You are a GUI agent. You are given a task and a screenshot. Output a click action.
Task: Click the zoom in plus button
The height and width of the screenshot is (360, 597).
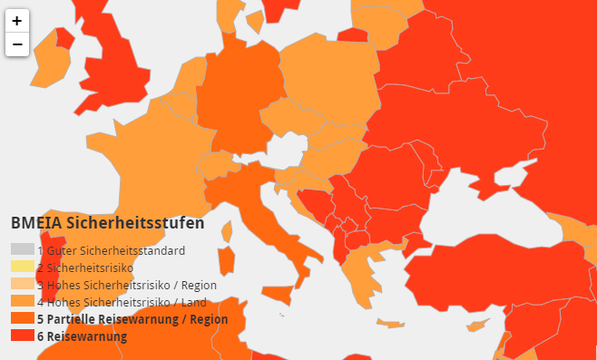[x=17, y=21]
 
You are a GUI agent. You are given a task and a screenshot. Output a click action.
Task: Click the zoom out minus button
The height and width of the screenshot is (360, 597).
[x=17, y=44]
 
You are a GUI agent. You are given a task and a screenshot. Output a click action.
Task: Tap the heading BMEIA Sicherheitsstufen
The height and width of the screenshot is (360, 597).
[x=107, y=222]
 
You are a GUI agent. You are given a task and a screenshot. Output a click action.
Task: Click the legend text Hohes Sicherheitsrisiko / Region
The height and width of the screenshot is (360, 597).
[x=127, y=285]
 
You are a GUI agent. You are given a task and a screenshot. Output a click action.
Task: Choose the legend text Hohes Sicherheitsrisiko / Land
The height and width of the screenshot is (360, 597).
[x=122, y=302]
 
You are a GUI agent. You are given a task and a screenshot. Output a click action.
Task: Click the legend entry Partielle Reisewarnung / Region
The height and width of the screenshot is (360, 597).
[x=132, y=319]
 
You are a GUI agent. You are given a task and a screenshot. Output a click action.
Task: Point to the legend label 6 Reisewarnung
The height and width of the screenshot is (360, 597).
[x=83, y=336]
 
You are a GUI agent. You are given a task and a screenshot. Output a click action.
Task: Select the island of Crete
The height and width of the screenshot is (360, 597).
[x=393, y=324]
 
